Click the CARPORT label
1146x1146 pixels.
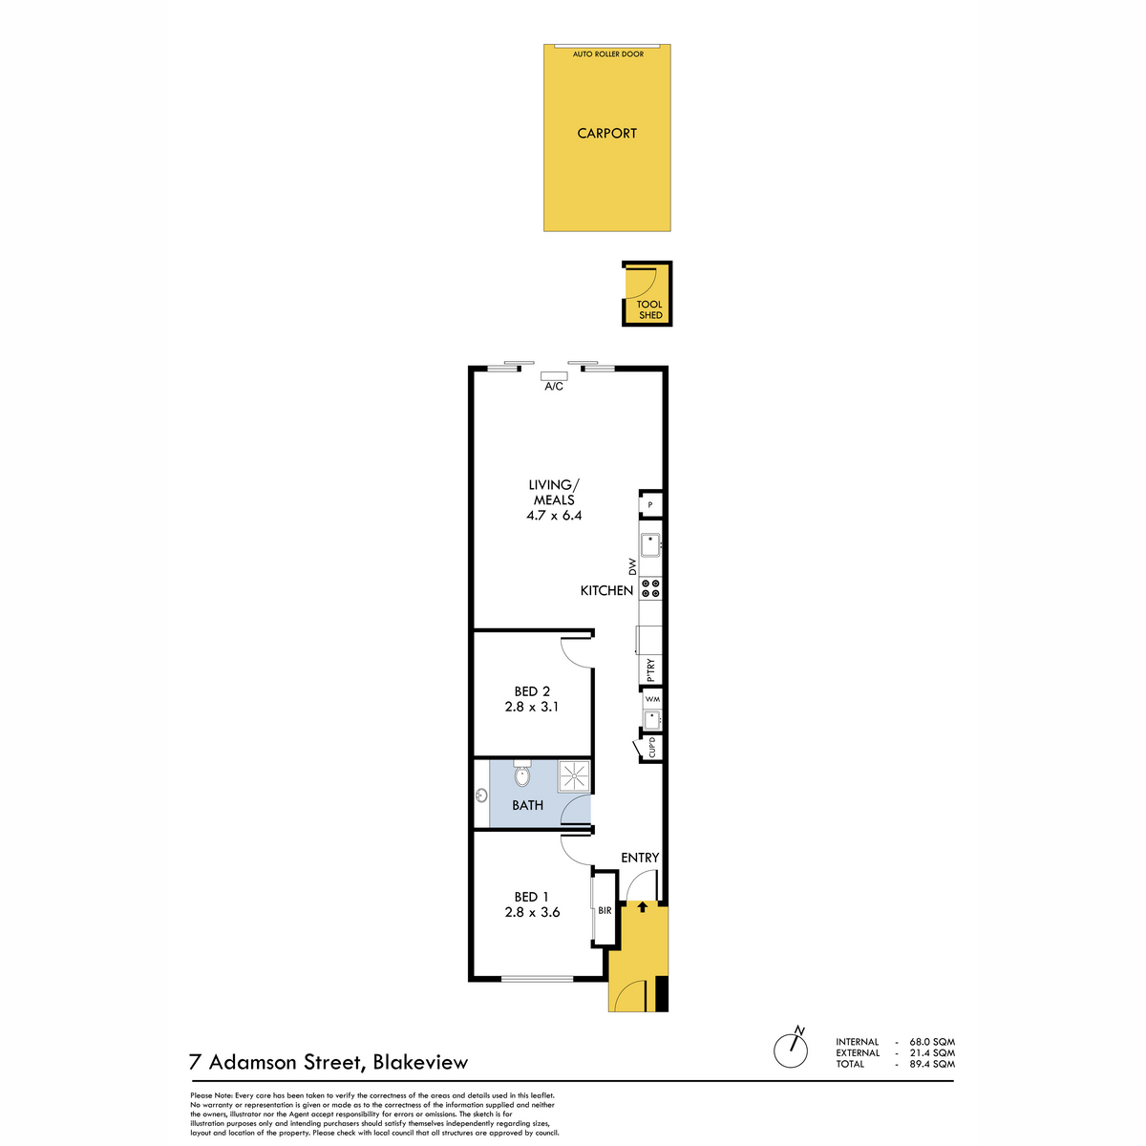pos(606,133)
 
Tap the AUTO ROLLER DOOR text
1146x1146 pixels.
pos(607,54)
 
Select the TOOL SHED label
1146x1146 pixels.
pos(649,309)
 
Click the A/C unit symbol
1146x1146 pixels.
pos(553,376)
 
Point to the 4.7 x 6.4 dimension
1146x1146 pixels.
pos(554,515)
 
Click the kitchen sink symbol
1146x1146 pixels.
pos(650,544)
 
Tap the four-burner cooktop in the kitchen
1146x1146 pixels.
pos(650,588)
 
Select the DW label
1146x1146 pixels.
pos(632,566)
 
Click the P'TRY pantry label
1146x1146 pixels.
pos(650,669)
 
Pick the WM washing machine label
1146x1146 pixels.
pos(652,699)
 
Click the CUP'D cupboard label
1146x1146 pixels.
pos(652,747)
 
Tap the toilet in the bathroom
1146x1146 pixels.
pos(522,774)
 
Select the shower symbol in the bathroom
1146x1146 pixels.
pos(574,775)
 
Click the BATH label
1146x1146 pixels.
pos(527,805)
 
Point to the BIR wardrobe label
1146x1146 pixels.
pos(605,910)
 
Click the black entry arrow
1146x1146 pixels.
pos(643,907)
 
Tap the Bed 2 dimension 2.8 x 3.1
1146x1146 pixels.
pos(532,707)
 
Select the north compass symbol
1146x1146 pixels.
pos(792,1049)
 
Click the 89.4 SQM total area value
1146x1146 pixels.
pos(932,1064)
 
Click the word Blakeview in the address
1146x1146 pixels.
pos(420,1063)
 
